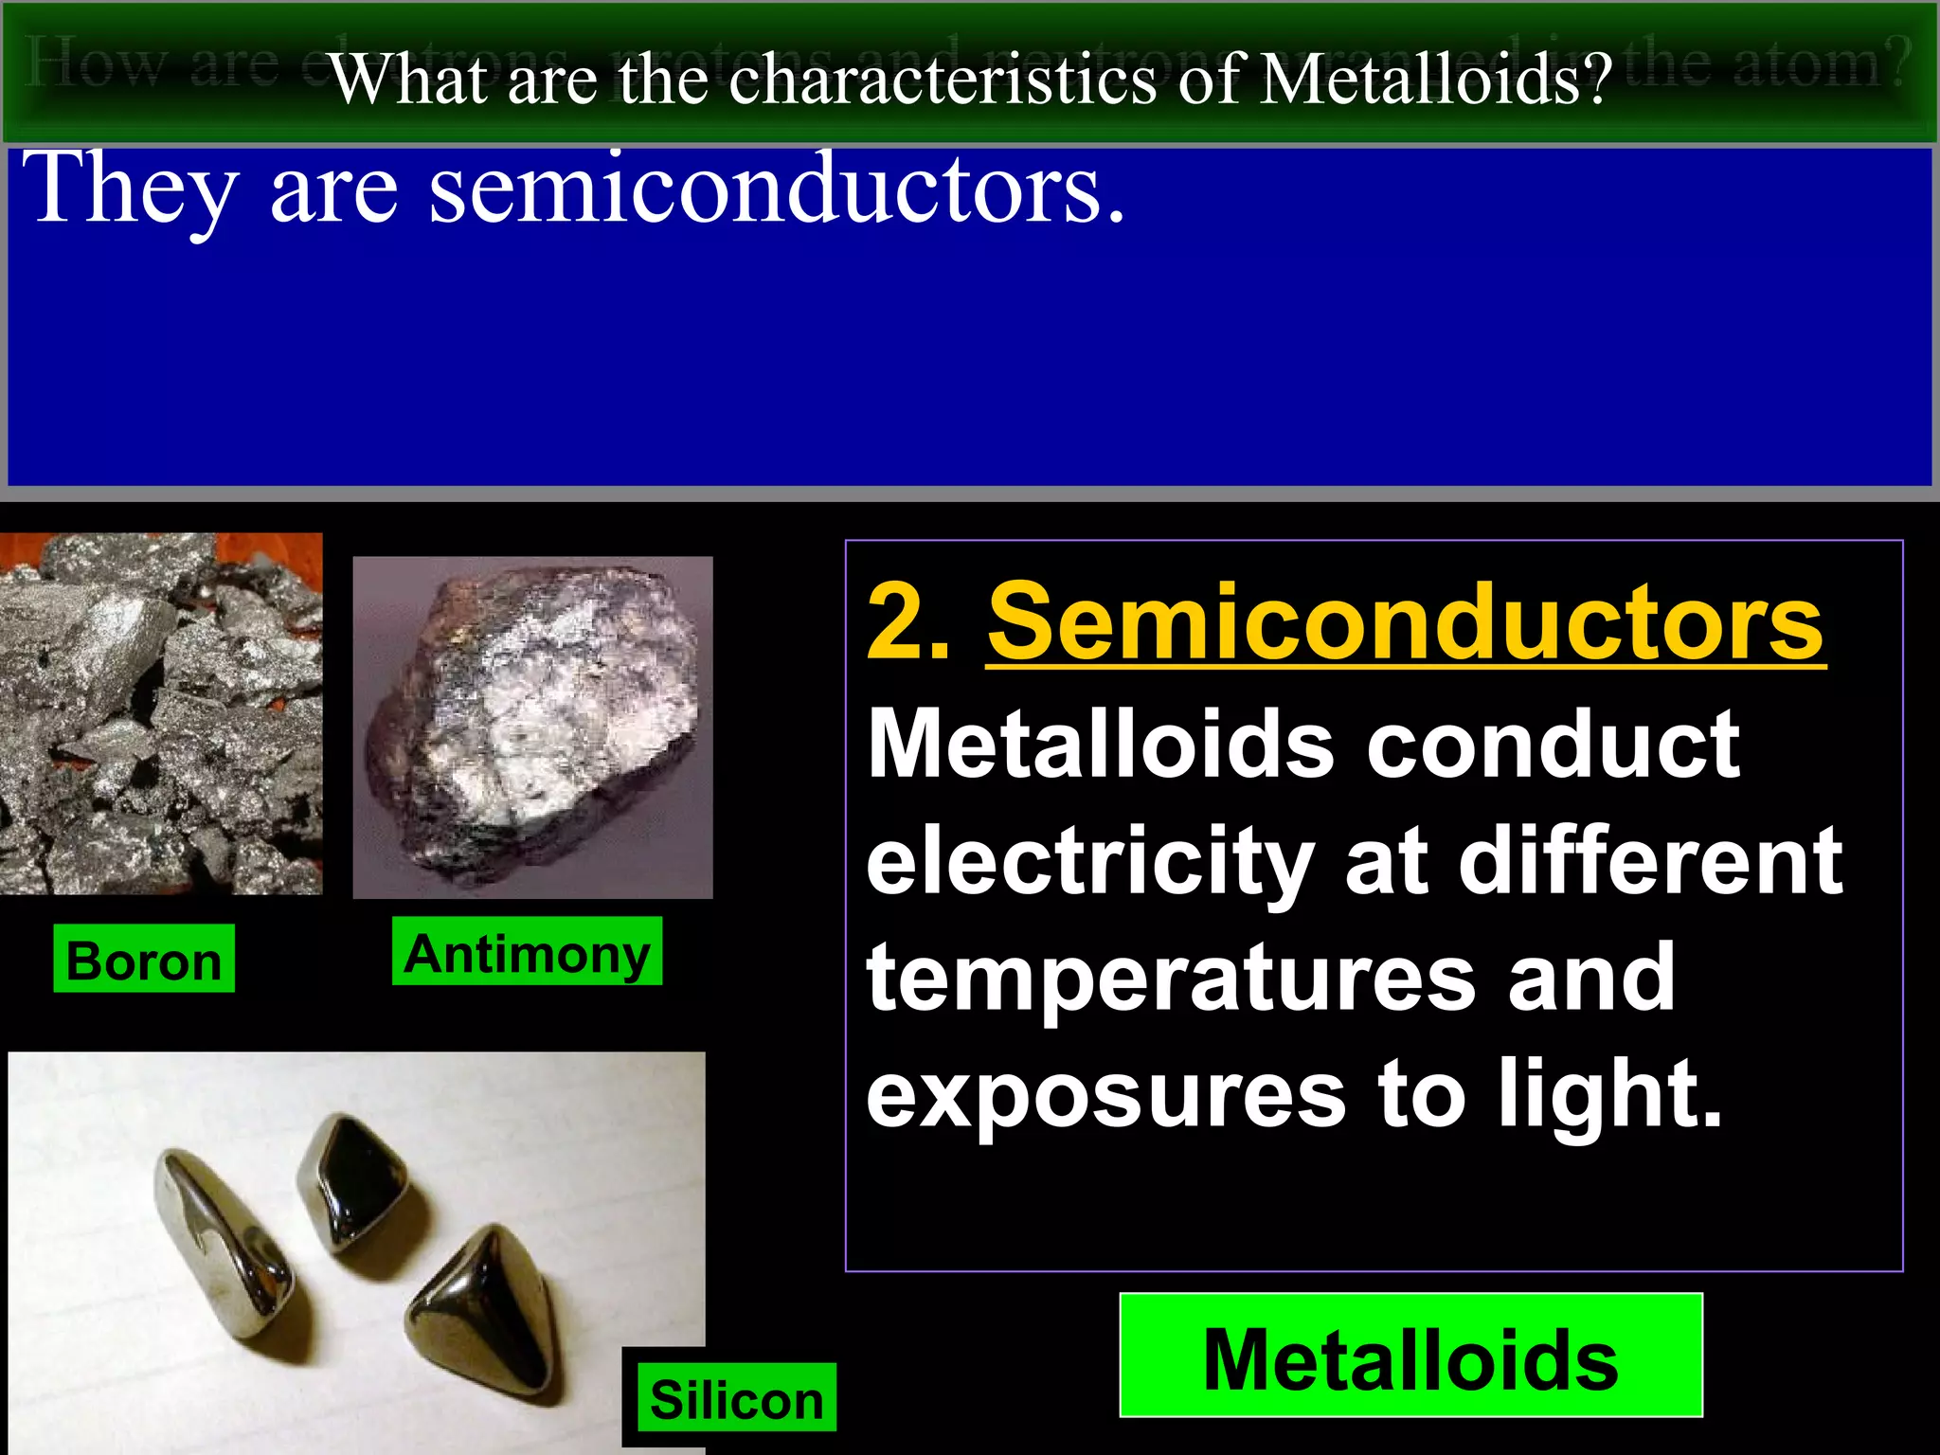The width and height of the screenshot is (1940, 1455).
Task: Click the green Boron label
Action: [x=143, y=959]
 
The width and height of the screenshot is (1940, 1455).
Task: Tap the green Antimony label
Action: [x=527, y=951]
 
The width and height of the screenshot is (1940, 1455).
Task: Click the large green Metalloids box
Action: [x=1410, y=1356]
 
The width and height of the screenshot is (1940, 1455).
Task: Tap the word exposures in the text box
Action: [x=1105, y=1095]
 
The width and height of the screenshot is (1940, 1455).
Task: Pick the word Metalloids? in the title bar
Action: [x=1436, y=80]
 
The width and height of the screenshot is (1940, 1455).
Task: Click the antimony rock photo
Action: [x=532, y=727]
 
